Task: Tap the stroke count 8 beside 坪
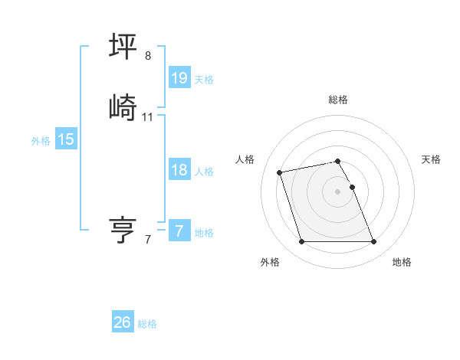pyautogui.click(x=148, y=56)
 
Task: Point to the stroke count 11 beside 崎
pyautogui.click(x=148, y=117)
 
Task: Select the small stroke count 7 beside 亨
pyautogui.click(x=148, y=240)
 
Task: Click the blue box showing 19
pyautogui.click(x=179, y=78)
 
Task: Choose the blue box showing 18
pyautogui.click(x=179, y=170)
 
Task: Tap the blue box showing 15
pyautogui.click(x=66, y=139)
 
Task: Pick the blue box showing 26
pyautogui.click(x=123, y=322)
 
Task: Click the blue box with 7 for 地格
pyautogui.click(x=179, y=231)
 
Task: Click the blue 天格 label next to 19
pyautogui.click(x=204, y=80)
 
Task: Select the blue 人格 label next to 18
pyautogui.click(x=204, y=172)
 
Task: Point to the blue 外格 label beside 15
pyautogui.click(x=41, y=141)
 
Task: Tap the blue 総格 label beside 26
pyautogui.click(x=147, y=324)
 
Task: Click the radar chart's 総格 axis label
pyautogui.click(x=338, y=100)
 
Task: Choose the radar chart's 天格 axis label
pyautogui.click(x=431, y=159)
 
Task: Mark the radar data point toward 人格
pyautogui.click(x=280, y=172)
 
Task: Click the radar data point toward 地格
pyautogui.click(x=373, y=242)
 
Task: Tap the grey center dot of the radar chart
pyautogui.click(x=338, y=191)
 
